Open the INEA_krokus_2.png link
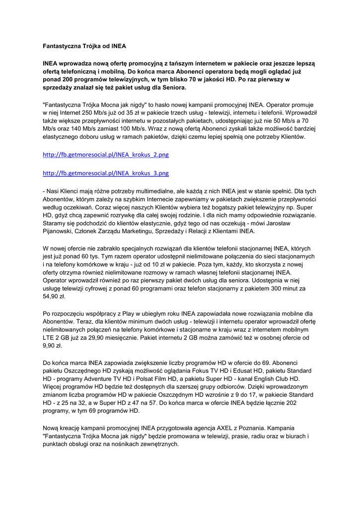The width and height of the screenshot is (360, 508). pyautogui.click(x=106, y=155)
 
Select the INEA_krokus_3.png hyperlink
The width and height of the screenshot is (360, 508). pyautogui.click(x=106, y=173)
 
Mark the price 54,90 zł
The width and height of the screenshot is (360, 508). pyautogui.click(x=54, y=296)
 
